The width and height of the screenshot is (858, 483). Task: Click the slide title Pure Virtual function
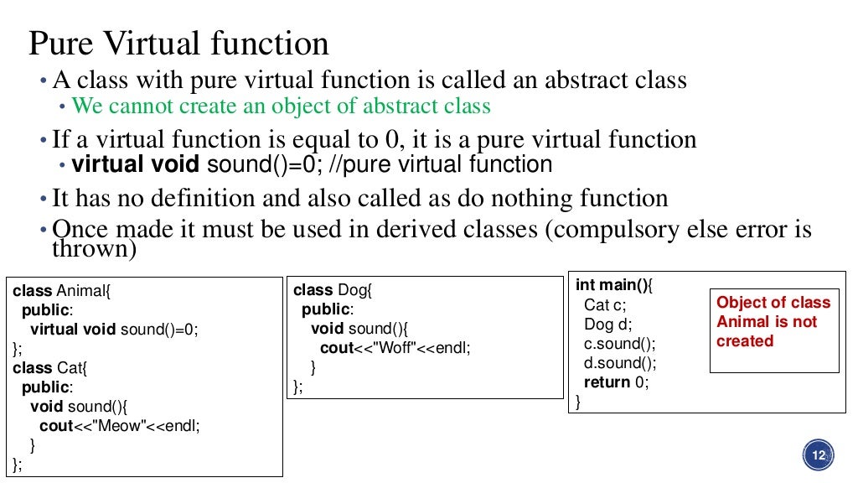pyautogui.click(x=178, y=43)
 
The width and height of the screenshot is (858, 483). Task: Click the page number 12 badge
pyautogui.click(x=819, y=455)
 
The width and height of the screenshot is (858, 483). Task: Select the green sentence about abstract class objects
pyautogui.click(x=281, y=106)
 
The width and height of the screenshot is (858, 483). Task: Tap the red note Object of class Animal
pyautogui.click(x=773, y=321)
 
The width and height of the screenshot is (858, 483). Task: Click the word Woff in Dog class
pyautogui.click(x=400, y=348)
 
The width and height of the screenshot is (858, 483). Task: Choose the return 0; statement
pyautogui.click(x=616, y=382)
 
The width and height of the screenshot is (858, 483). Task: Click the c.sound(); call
pyautogui.click(x=619, y=344)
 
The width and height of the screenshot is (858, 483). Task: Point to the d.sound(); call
pyautogui.click(x=619, y=363)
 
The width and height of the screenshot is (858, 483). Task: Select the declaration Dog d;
pyautogui.click(x=607, y=325)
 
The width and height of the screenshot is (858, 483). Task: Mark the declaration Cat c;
pyautogui.click(x=604, y=305)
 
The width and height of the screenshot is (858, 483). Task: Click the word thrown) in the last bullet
pyautogui.click(x=94, y=249)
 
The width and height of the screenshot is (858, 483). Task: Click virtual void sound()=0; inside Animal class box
pyautogui.click(x=116, y=330)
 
